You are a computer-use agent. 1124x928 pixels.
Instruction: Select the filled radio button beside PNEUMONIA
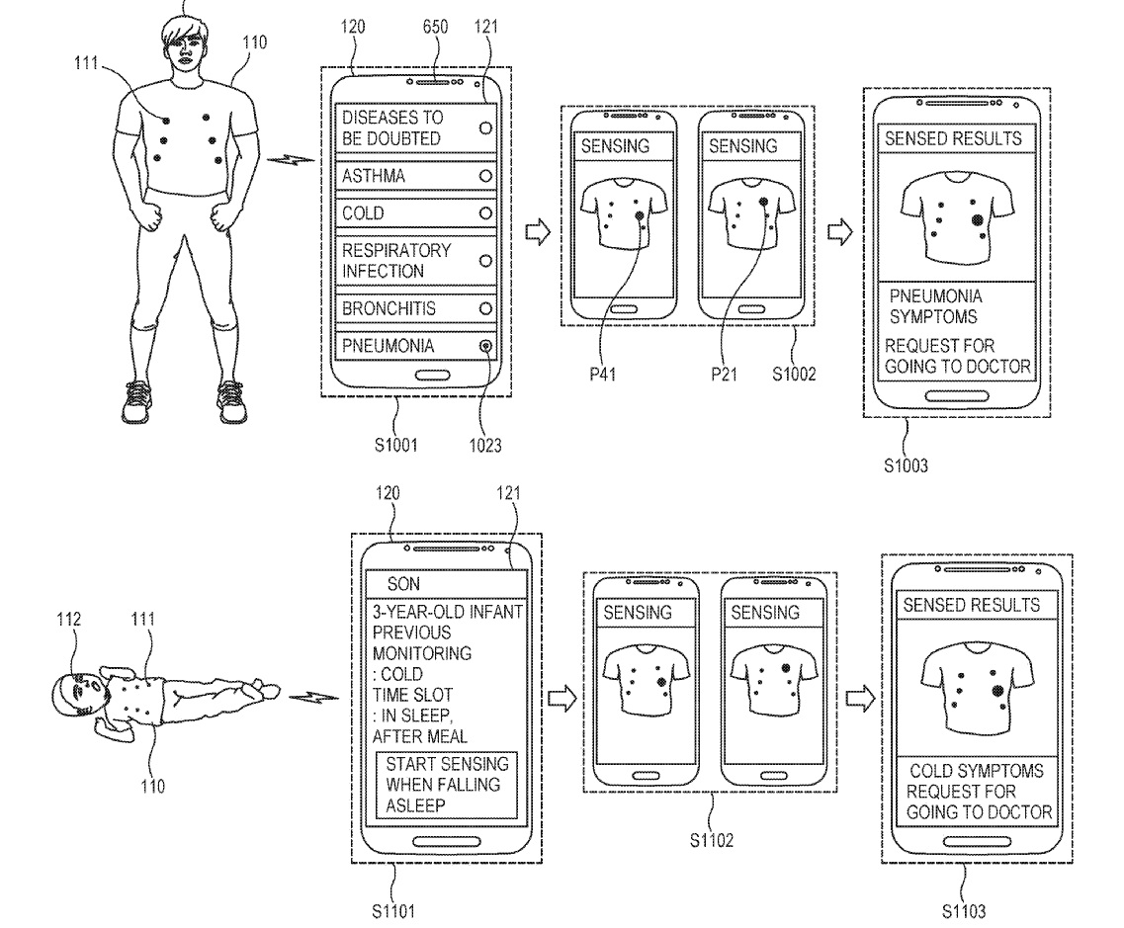485,346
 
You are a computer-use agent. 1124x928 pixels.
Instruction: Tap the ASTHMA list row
414,176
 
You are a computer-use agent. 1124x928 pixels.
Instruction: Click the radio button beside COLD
485,213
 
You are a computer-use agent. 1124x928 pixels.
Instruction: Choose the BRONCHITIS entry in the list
414,308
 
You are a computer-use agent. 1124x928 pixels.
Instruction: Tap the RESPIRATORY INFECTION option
414,261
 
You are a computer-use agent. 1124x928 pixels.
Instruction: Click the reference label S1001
396,446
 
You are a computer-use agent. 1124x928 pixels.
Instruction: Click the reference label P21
725,376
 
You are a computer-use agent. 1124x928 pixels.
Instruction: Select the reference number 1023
485,446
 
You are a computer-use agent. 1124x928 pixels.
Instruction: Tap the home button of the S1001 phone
429,376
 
